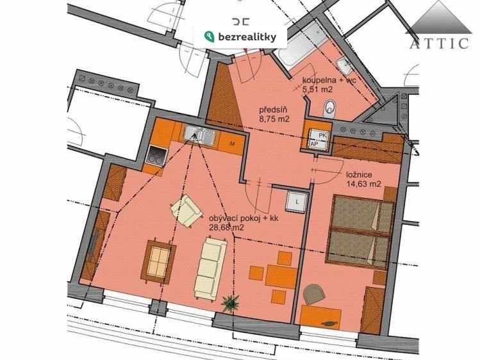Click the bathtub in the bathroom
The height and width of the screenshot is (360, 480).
pyautogui.click(x=299, y=44)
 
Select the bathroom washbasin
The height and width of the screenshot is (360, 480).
pyautogui.click(x=344, y=67)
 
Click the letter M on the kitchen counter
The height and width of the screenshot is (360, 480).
pyautogui.click(x=233, y=143)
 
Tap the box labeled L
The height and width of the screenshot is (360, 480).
pyautogui.click(x=297, y=202)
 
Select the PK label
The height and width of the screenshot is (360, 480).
pyautogui.click(x=322, y=135)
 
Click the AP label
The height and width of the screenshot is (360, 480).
pyautogui.click(x=315, y=143)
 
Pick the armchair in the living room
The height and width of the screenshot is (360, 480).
pyautogui.click(x=186, y=211)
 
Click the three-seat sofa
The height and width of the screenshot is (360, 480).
pyautogui.click(x=210, y=267)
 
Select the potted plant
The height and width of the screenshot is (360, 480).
pyautogui.click(x=231, y=302)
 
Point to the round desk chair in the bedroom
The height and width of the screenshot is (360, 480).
pyautogui.click(x=313, y=294)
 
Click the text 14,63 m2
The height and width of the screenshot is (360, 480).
pyautogui.click(x=363, y=184)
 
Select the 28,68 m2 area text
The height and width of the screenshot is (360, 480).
pyautogui.click(x=226, y=227)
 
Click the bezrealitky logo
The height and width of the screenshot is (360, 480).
pyautogui.click(x=240, y=37)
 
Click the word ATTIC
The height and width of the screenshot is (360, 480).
pyautogui.click(x=439, y=44)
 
